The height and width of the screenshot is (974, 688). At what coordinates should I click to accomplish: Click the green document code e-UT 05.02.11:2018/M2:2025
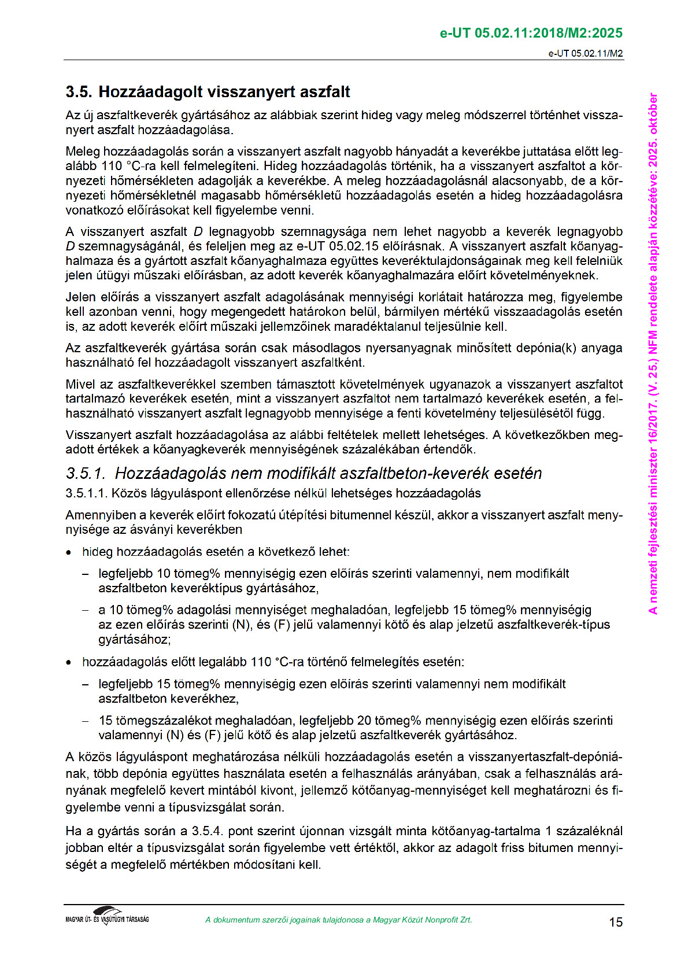click(x=531, y=33)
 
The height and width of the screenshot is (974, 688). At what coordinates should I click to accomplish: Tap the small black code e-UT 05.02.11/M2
click(x=585, y=54)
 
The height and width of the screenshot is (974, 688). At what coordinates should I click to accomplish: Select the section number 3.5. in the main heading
click(x=79, y=92)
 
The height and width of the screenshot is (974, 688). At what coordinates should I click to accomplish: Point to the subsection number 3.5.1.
click(x=86, y=474)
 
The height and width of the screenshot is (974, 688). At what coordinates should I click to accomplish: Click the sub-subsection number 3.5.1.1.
click(x=86, y=493)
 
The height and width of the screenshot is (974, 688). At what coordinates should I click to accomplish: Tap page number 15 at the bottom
click(x=616, y=922)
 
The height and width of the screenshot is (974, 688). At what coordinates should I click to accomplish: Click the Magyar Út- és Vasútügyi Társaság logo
click(x=108, y=916)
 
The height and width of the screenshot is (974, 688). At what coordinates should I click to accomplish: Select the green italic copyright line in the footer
click(x=338, y=920)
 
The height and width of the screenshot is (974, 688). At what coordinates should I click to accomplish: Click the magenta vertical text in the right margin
click(x=653, y=353)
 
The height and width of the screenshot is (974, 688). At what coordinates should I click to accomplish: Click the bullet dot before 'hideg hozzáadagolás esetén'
click(x=69, y=553)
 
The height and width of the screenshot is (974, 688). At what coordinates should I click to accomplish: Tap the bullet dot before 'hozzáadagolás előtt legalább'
click(x=69, y=663)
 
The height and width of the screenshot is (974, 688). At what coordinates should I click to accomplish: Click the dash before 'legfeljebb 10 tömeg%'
click(x=86, y=574)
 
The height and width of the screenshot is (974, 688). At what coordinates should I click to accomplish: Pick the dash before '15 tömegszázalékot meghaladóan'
click(x=86, y=721)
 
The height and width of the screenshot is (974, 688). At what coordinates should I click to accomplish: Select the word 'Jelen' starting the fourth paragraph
click(x=80, y=297)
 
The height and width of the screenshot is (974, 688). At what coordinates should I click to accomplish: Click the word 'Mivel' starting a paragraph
click(x=80, y=385)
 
